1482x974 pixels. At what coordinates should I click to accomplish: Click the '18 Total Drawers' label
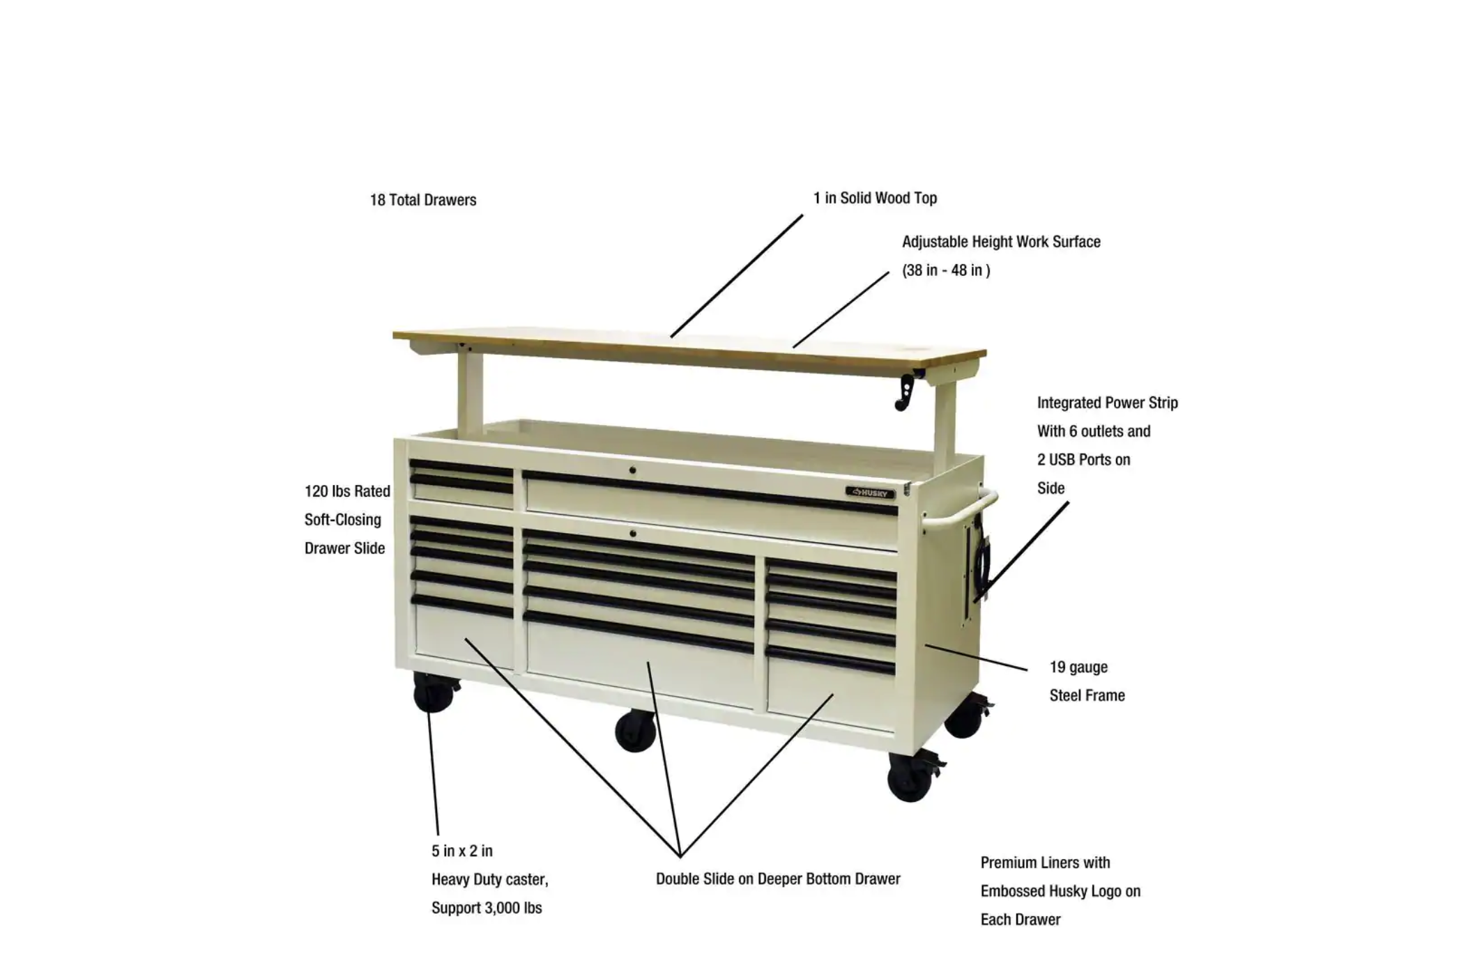point(423,200)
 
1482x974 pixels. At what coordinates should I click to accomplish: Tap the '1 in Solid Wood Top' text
point(875,198)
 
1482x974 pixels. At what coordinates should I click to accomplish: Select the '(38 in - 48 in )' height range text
point(946,270)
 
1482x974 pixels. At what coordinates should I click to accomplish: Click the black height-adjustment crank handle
point(907,391)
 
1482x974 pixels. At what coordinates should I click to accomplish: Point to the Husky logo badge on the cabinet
point(870,493)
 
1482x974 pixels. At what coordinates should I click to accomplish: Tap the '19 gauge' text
point(1078,667)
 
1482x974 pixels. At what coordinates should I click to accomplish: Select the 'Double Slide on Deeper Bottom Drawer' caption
point(778,879)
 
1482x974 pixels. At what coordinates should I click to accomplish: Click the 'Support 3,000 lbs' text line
point(487,908)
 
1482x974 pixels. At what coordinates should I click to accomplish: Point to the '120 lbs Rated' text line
point(347,491)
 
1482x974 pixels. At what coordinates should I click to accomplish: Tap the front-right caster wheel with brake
point(910,777)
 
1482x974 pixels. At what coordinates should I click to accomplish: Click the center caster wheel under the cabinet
point(635,731)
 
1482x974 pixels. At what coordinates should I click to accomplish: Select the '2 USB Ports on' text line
point(1083,460)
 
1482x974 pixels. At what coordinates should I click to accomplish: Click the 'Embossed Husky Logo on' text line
point(1060,891)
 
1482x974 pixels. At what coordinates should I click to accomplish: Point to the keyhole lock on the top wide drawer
point(632,471)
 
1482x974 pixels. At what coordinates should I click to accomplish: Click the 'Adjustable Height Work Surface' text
point(1001,242)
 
